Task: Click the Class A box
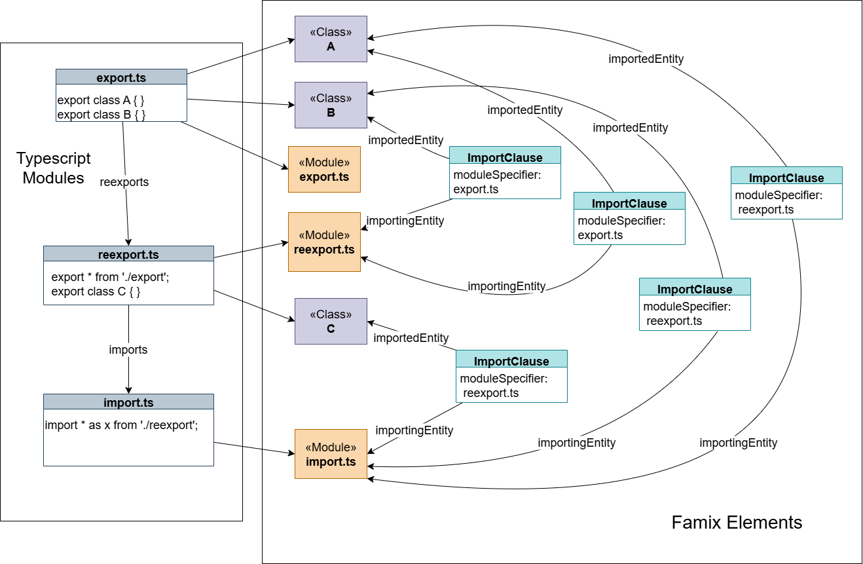tap(331, 39)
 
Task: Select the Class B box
tap(331, 105)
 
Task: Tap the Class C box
tap(331, 321)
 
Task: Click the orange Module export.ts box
tap(324, 169)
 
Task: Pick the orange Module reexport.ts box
tap(324, 242)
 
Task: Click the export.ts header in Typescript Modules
tap(121, 77)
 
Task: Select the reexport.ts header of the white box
tap(128, 254)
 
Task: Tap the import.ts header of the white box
tap(128, 402)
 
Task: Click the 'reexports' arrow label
tap(124, 181)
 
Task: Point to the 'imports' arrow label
tap(128, 350)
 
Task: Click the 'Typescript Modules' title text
tap(54, 168)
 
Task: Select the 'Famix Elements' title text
tap(737, 522)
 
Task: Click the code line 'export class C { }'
tap(96, 291)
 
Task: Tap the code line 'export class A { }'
tap(101, 100)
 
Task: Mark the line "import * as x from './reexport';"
tap(121, 425)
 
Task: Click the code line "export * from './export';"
tap(110, 277)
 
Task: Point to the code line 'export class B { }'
tap(101, 115)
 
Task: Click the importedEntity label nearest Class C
tap(411, 338)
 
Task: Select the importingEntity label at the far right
tap(738, 443)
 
